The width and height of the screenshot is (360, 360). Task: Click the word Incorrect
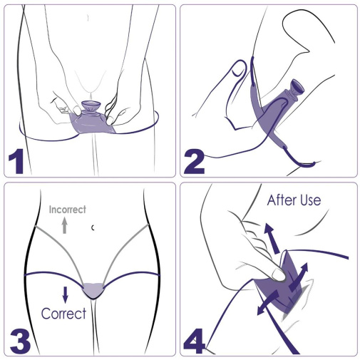pyautogui.click(x=67, y=210)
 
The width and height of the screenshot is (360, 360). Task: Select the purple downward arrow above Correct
pyautogui.click(x=65, y=292)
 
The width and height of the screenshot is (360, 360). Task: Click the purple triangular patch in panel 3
pyautogui.click(x=93, y=288)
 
